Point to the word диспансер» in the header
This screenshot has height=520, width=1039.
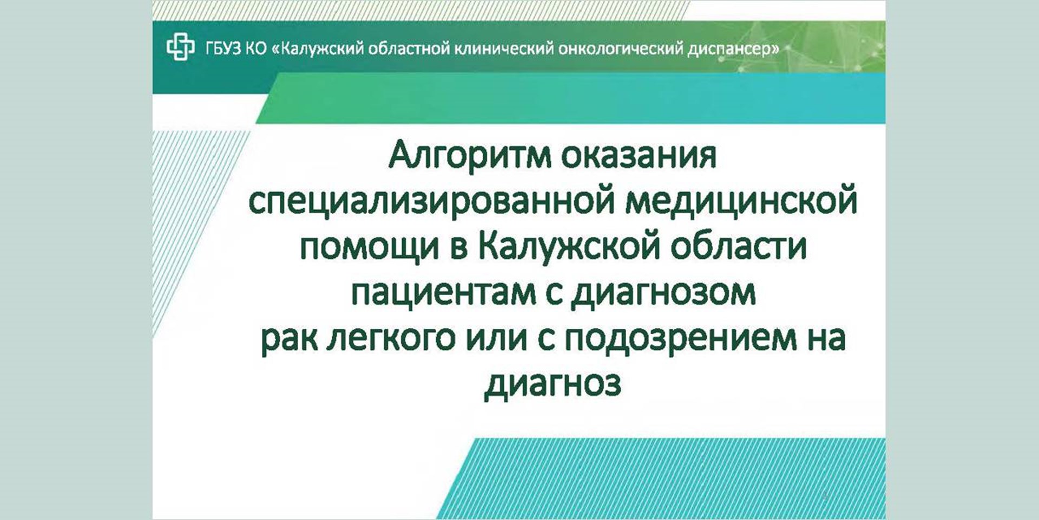pyautogui.click(x=733, y=49)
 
